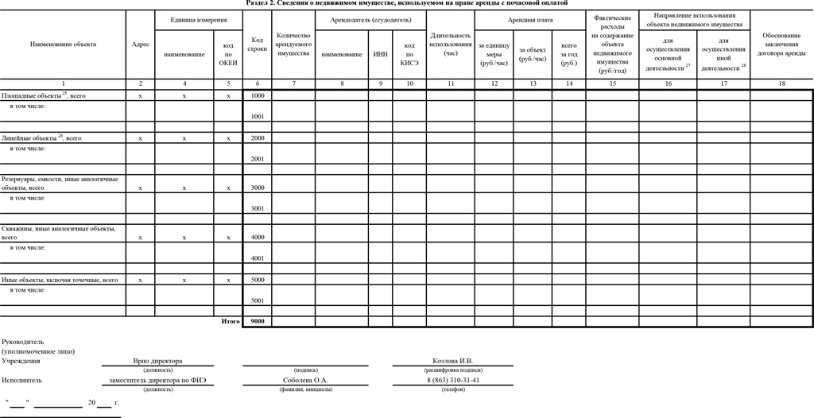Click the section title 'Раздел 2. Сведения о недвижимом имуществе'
[407, 4]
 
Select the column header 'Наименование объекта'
[63, 45]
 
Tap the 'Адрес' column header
[141, 45]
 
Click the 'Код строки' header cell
[257, 45]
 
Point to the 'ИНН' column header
[380, 54]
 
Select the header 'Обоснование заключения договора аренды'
[781, 45]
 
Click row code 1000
[257, 95]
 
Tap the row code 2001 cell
[257, 159]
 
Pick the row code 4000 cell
[257, 237]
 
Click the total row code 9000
[257, 321]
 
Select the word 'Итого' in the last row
[231, 321]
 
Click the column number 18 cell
[781, 83]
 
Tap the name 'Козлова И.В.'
[452, 361]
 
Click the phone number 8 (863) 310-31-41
[452, 380]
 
